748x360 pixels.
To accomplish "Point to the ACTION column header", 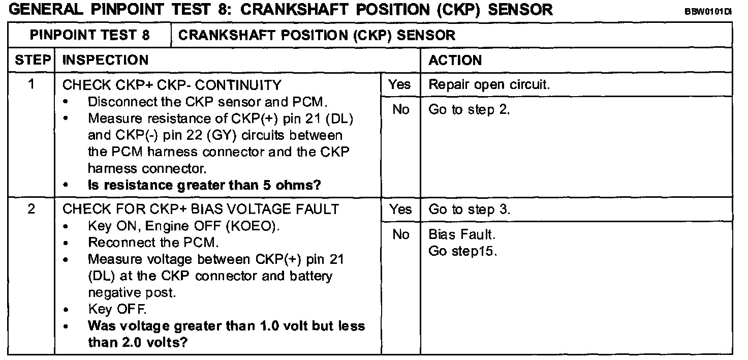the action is tap(455, 60).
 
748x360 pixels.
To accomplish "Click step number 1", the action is tap(31, 84).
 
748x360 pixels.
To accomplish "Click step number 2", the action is tap(31, 209).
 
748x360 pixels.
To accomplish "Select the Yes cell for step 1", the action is tap(400, 84).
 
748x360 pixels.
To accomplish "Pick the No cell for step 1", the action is tap(400, 110).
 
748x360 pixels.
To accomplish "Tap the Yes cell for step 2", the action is tap(400, 209).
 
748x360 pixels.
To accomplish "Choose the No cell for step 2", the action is tap(400, 235).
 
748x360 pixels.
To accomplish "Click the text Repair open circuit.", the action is tap(489, 84).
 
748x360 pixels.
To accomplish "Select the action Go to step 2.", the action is tap(469, 110).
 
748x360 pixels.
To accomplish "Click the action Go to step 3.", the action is tap(469, 209).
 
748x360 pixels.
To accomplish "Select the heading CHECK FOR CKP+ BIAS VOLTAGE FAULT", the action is tap(200, 209).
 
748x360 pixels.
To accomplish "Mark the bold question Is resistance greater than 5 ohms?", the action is tap(204, 185).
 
